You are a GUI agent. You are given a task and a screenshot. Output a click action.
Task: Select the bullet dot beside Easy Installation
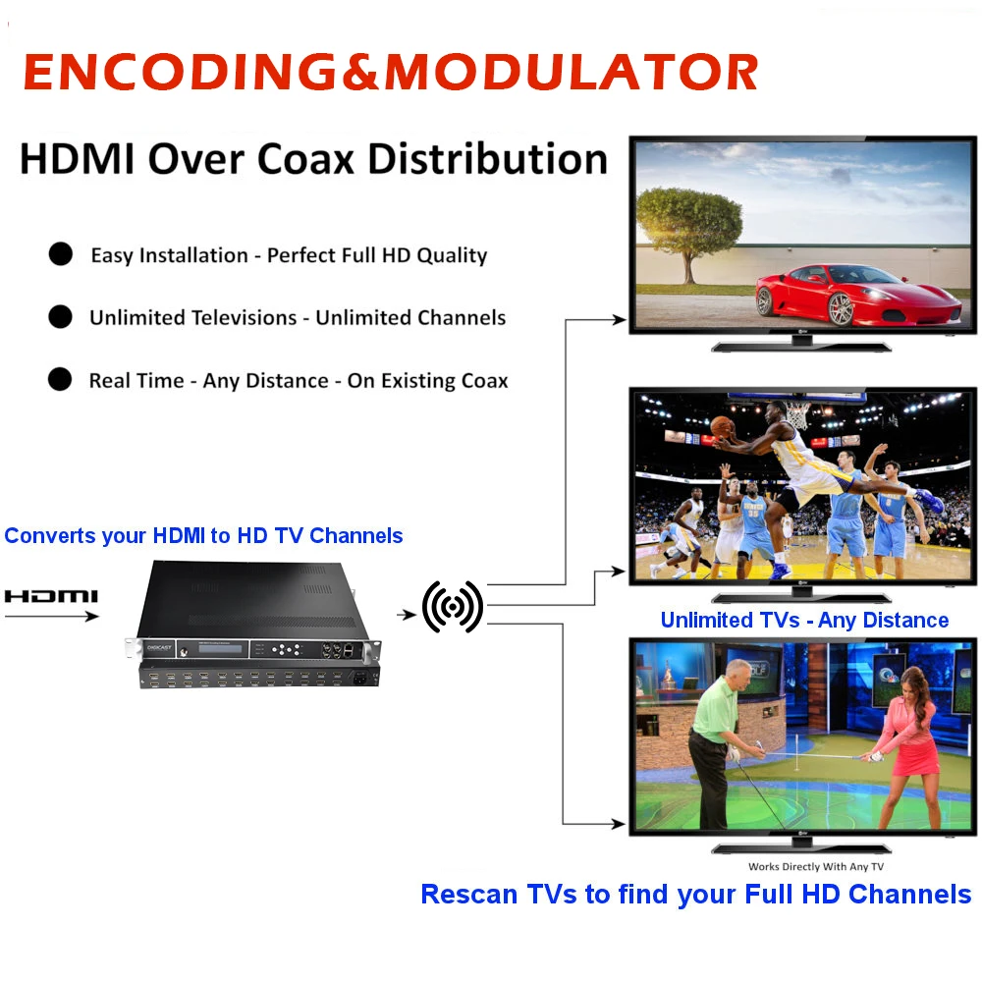(61, 254)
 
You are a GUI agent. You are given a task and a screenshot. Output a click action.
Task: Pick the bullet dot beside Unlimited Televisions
(61, 317)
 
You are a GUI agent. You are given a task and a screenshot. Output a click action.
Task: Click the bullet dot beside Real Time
(61, 380)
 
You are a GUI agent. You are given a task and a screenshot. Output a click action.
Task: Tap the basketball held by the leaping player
(723, 427)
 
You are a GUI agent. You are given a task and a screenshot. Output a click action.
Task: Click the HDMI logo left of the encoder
(51, 596)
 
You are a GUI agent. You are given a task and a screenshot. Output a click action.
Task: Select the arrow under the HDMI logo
(51, 617)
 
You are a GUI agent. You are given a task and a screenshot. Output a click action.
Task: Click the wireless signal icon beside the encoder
(453, 607)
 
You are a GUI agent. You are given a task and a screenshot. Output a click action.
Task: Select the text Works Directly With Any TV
(815, 867)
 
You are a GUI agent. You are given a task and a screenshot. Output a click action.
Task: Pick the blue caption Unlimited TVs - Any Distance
(804, 620)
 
